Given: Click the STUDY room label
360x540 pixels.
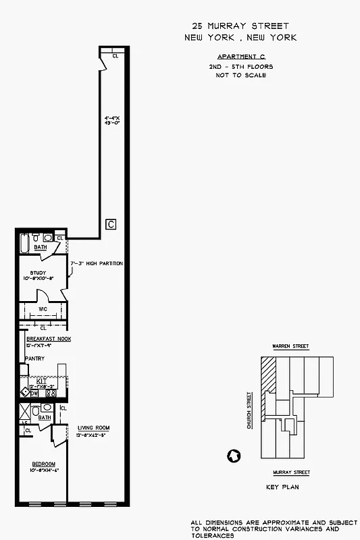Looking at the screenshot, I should click(38, 273).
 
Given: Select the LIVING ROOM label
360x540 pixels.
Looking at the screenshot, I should click(93, 428).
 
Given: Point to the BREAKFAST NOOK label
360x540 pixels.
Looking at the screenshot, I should click(48, 338).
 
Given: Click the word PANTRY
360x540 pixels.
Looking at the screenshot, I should click(34, 358).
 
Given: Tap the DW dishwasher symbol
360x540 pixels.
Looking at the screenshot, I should click(34, 393).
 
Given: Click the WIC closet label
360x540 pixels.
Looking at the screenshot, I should click(42, 310).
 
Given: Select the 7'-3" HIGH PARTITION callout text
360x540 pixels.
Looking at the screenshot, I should click(97, 263).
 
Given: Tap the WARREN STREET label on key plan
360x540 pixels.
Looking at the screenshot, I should click(290, 346).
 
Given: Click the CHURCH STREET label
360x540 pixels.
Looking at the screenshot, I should click(249, 410).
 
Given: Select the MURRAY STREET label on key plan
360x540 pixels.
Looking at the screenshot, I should click(291, 473).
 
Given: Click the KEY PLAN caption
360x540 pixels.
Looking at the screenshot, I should click(282, 487).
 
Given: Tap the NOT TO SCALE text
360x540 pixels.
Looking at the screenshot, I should click(240, 75).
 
